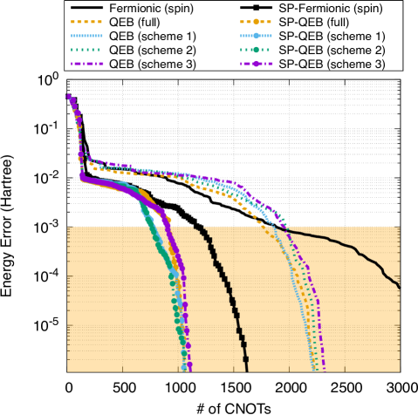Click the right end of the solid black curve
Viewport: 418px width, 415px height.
[400, 286]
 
